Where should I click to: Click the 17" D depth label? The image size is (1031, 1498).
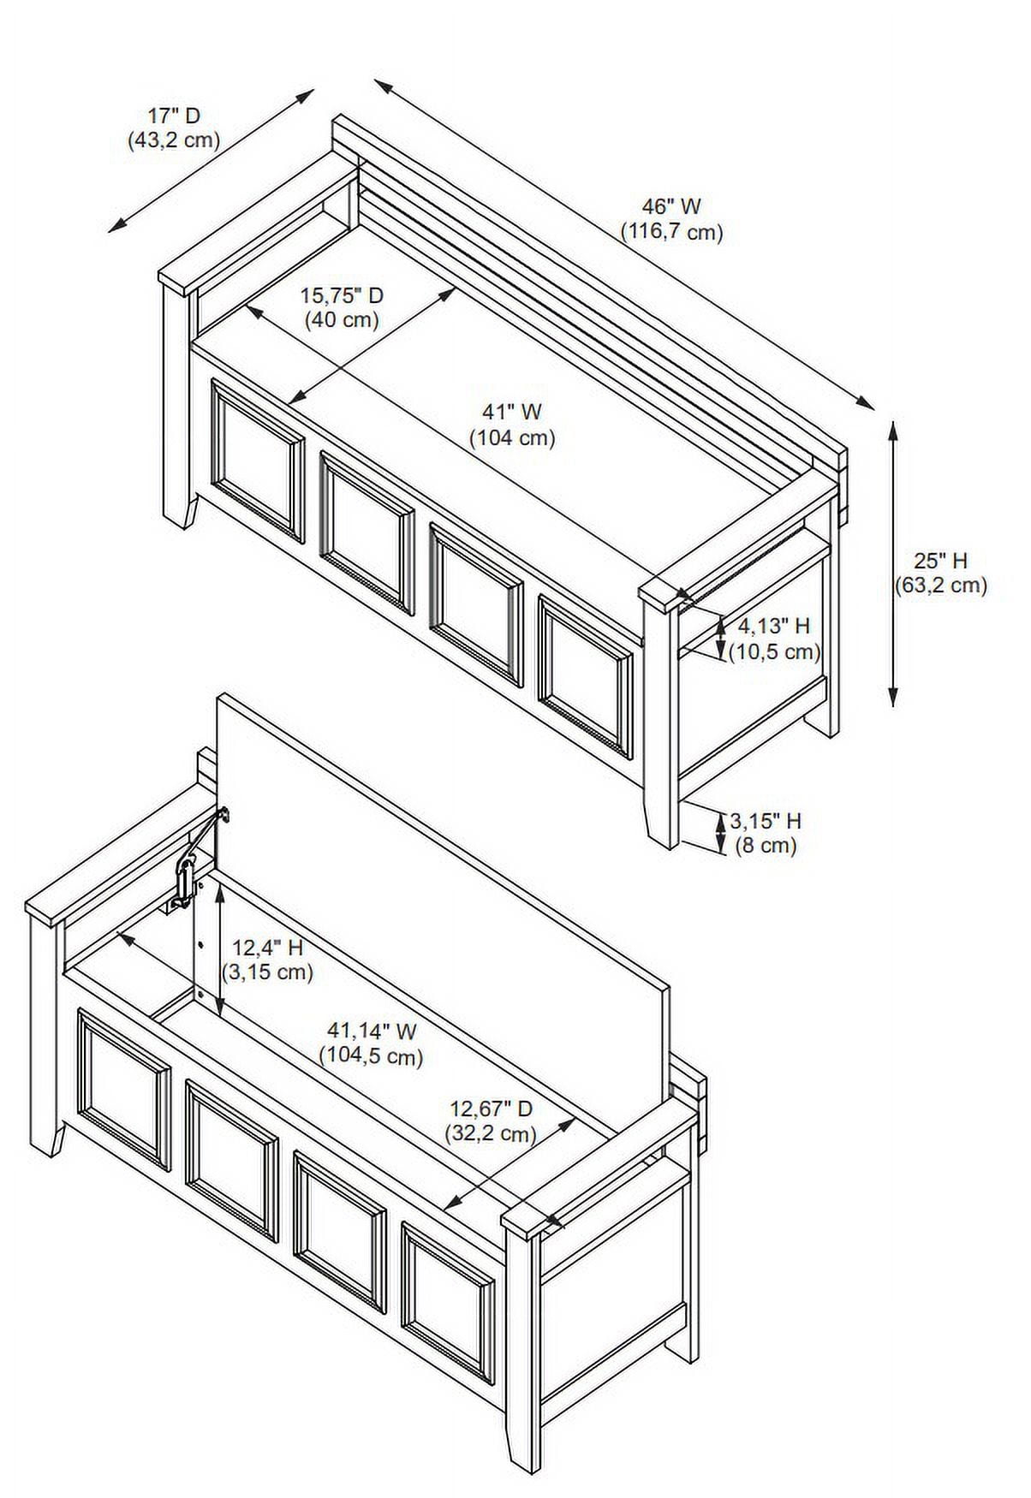click(x=174, y=116)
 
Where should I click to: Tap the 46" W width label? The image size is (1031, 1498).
click(x=671, y=206)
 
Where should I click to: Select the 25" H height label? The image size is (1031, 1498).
click(x=940, y=562)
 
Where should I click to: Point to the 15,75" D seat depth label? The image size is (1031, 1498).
click(x=342, y=296)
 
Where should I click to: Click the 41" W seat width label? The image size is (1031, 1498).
click(x=512, y=413)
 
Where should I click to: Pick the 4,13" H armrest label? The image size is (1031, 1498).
click(x=774, y=627)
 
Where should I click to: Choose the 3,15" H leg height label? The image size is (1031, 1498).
click(x=766, y=822)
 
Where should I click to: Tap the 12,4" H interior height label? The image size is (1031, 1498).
click(x=267, y=948)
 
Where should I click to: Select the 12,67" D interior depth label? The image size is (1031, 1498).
click(x=492, y=1109)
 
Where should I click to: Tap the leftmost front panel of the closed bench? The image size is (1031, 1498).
click(x=258, y=462)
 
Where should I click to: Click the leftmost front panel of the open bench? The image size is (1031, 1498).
click(x=124, y=1089)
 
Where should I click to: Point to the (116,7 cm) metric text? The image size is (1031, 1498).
click(x=672, y=232)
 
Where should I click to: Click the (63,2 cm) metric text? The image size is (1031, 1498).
click(x=941, y=586)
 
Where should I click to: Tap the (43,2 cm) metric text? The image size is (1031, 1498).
click(x=174, y=140)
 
